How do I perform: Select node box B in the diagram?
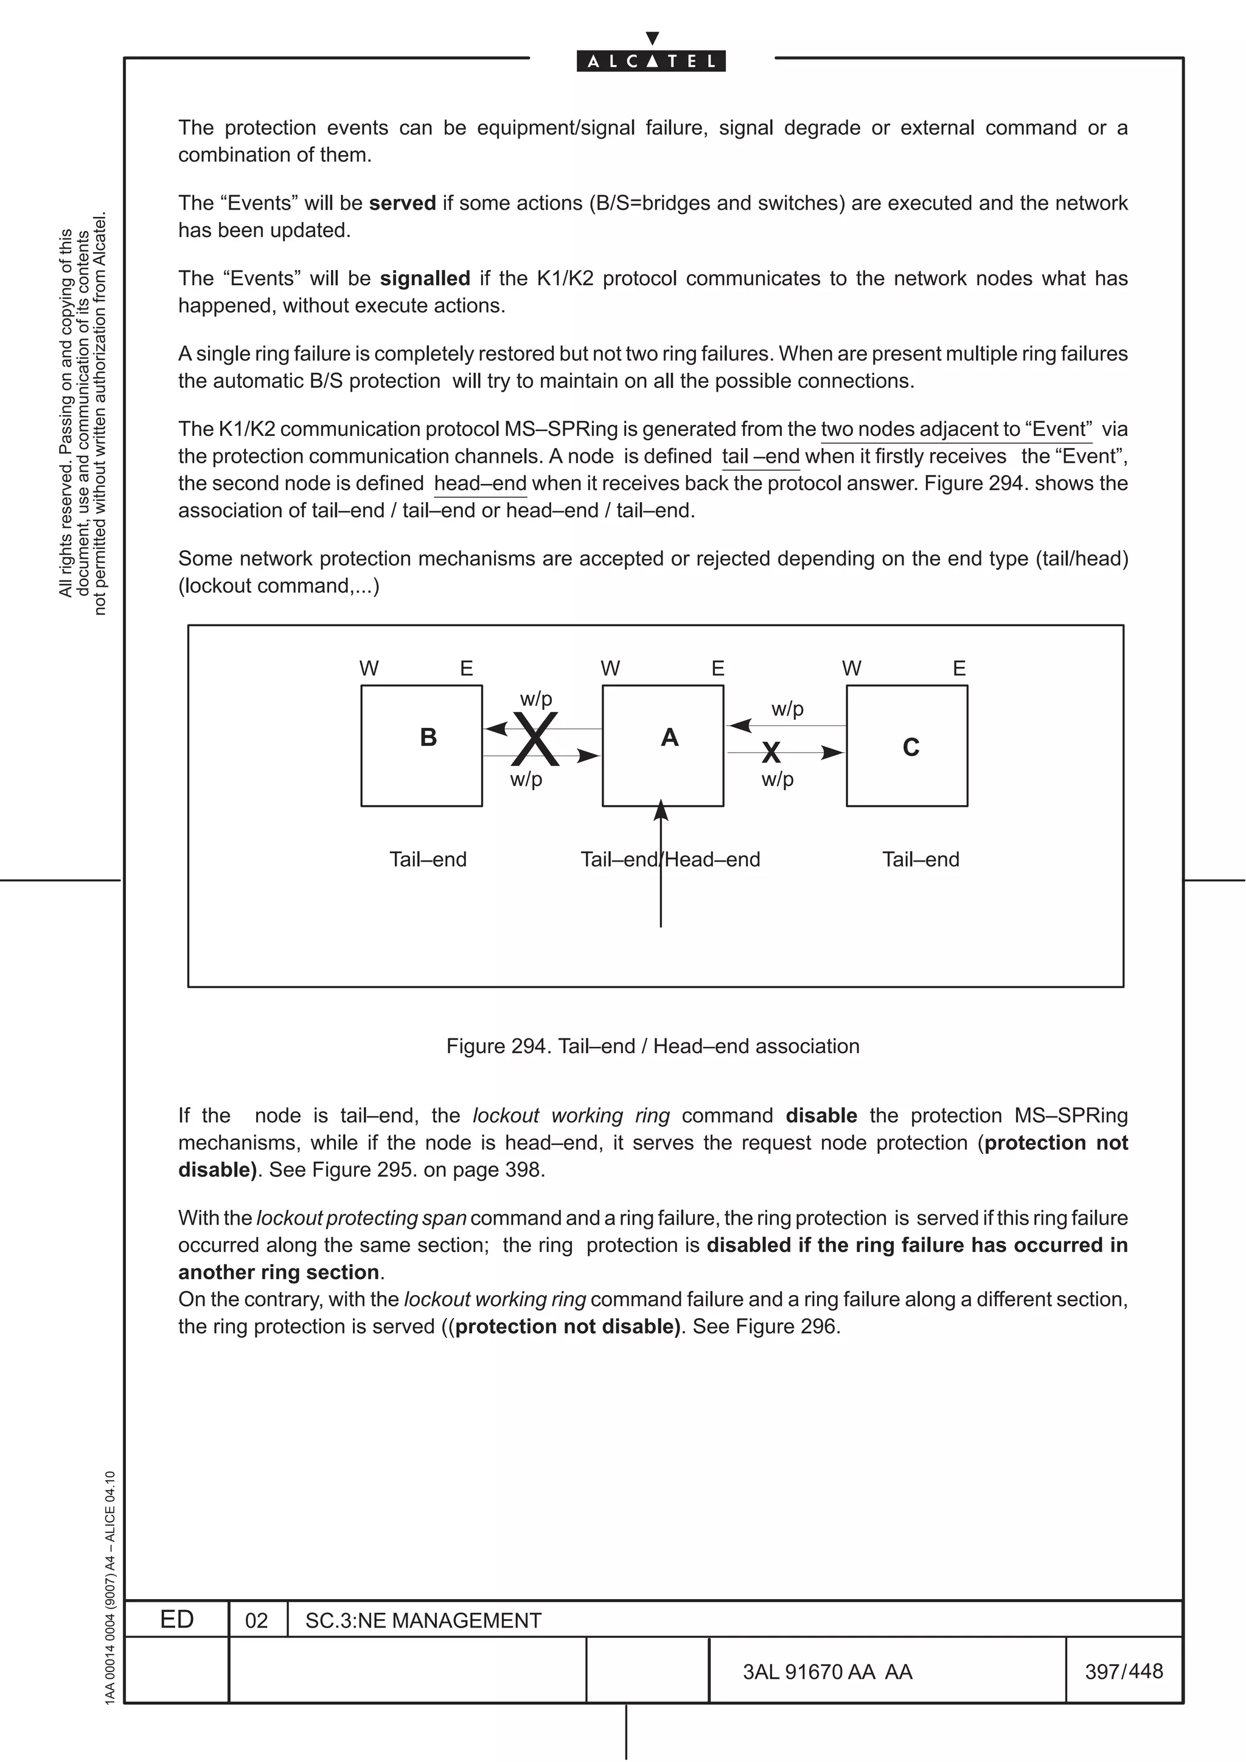tap(422, 745)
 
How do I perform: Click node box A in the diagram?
tap(663, 745)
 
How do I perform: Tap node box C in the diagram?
tap(907, 745)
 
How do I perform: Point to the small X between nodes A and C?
tap(771, 753)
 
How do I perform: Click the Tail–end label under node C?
tap(921, 860)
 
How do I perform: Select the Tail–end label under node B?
tap(428, 860)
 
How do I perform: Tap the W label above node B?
tap(369, 668)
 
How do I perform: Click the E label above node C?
tap(959, 668)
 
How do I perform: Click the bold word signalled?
tap(425, 278)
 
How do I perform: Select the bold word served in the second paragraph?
tap(402, 203)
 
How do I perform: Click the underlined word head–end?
tap(480, 483)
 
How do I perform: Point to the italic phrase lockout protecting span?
tap(361, 1218)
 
